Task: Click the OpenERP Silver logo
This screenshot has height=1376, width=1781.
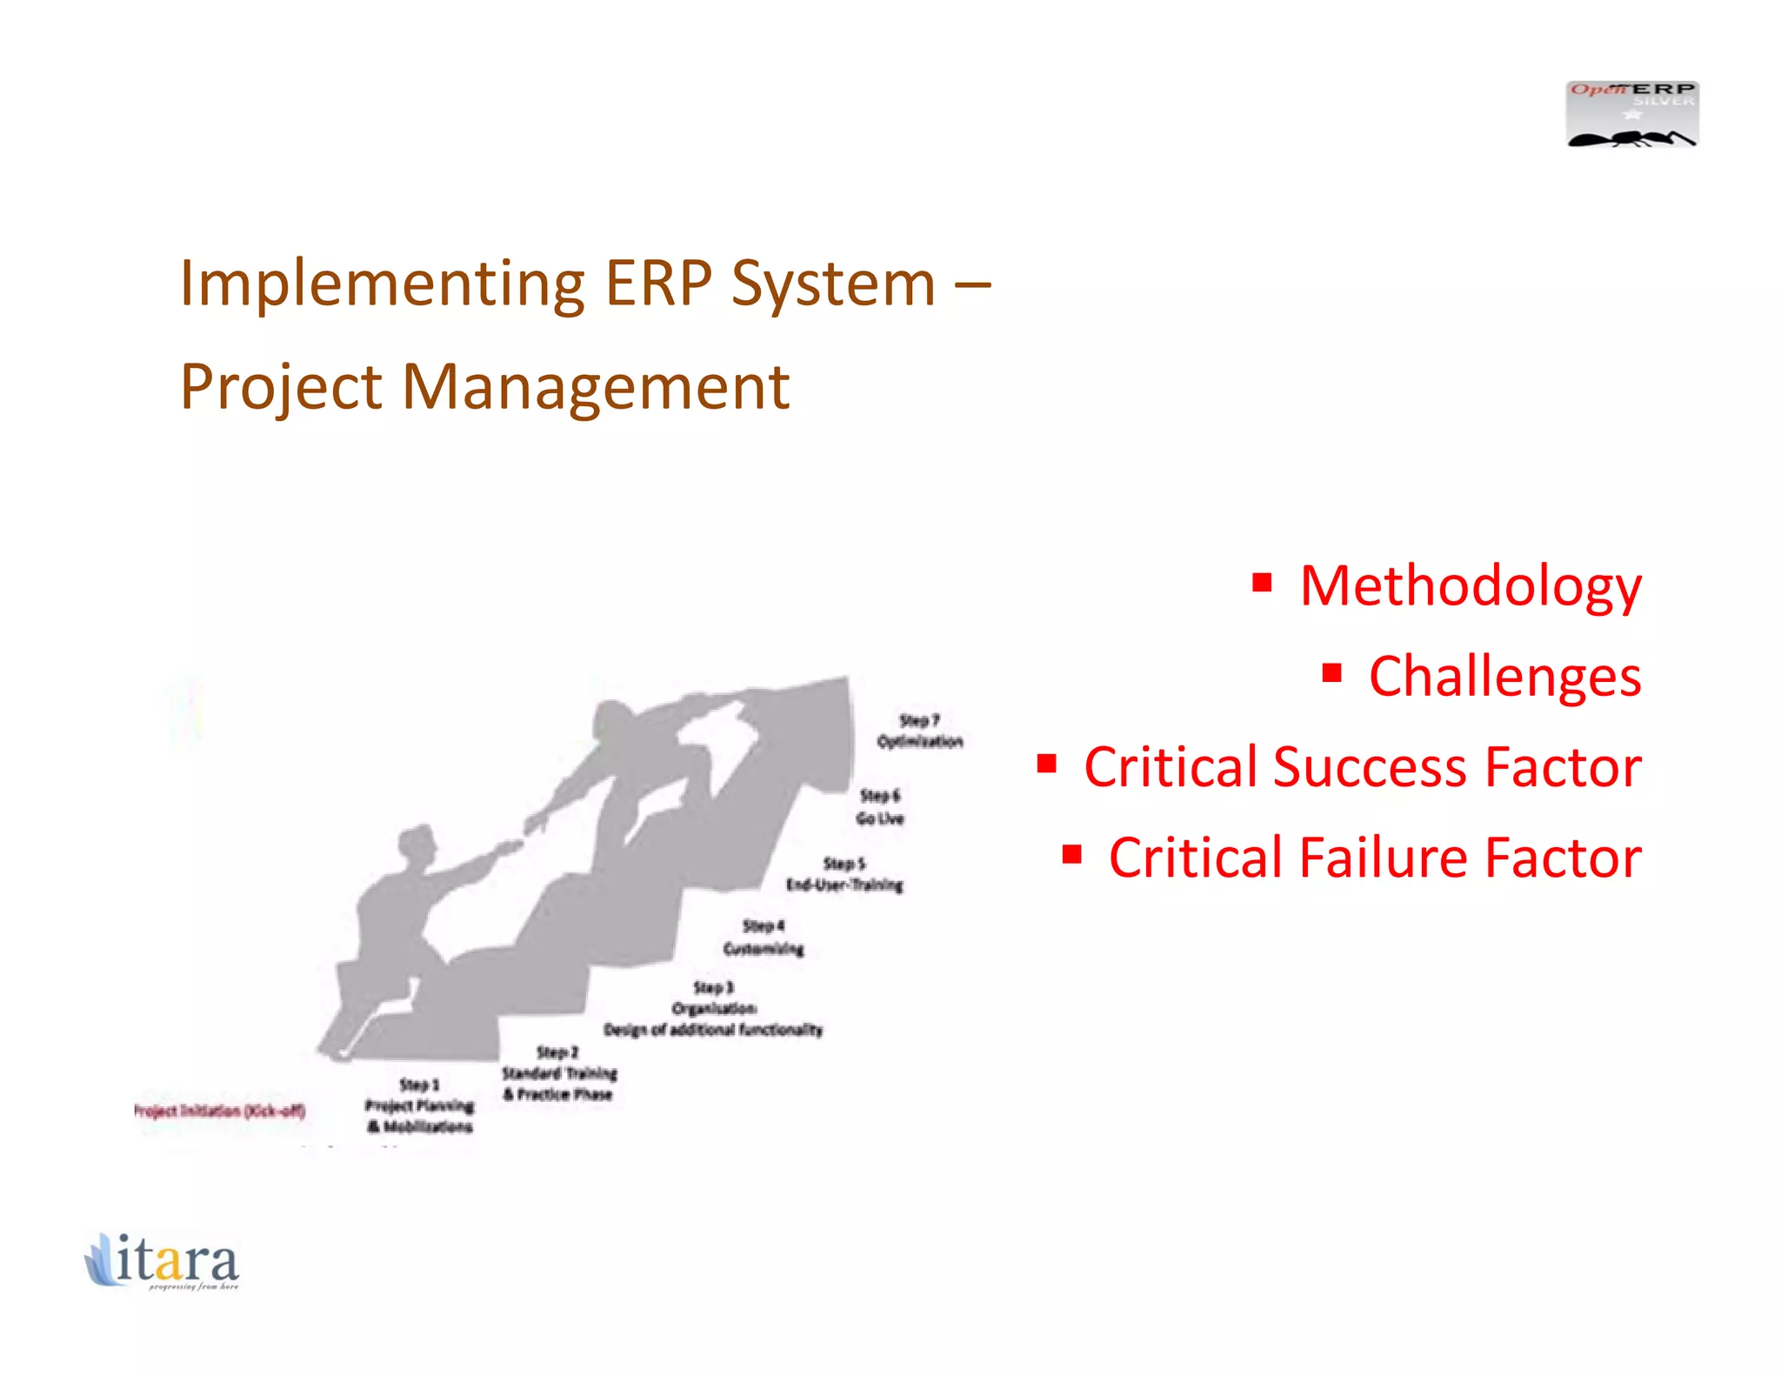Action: coord(1631,114)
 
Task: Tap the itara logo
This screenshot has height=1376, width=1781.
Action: coord(162,1260)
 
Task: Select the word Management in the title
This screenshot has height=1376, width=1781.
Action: coord(596,387)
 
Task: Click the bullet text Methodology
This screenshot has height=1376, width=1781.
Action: coord(1470,586)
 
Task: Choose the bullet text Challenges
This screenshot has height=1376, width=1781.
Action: coord(1504,677)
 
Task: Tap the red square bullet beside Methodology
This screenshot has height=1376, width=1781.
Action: coord(1263,582)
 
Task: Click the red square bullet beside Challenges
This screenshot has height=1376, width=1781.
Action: coord(1331,672)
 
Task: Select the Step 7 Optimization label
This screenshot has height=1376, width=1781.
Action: coord(919,731)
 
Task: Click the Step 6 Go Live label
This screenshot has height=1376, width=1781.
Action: coord(879,807)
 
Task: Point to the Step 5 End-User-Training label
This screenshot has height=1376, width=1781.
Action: coord(844,874)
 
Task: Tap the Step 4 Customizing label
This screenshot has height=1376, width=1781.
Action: coord(764,938)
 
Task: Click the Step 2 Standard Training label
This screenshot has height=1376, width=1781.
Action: coord(558,1073)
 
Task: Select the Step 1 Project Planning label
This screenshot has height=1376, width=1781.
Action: coord(419,1105)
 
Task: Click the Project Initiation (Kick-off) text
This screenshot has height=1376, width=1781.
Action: coord(219,1111)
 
